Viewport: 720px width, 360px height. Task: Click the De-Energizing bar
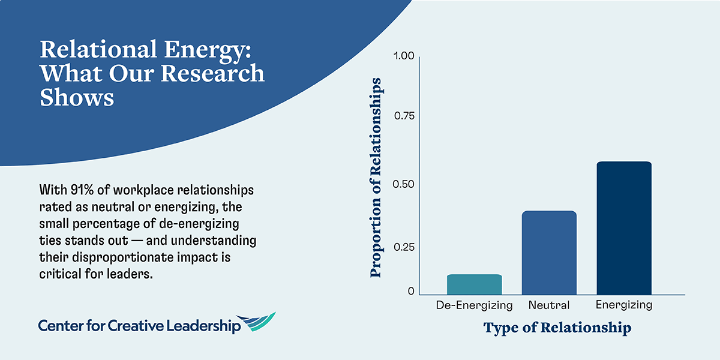[x=474, y=284]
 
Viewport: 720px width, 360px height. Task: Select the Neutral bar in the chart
[x=549, y=253]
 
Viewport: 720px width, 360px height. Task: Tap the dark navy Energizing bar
[x=624, y=228]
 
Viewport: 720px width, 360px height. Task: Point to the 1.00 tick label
[x=403, y=56]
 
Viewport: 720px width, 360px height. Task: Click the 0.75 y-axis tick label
[x=403, y=116]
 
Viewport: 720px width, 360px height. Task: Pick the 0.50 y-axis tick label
[x=403, y=184]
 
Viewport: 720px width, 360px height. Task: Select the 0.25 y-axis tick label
[x=403, y=247]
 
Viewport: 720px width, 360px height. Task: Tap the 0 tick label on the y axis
[x=411, y=291]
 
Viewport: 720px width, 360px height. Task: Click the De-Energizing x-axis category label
[x=474, y=305]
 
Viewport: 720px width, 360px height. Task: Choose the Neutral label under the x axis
[x=549, y=305]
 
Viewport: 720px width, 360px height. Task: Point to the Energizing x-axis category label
[x=624, y=305]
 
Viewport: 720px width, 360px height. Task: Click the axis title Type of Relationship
[x=557, y=328]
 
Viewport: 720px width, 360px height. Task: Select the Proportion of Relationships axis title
[x=376, y=178]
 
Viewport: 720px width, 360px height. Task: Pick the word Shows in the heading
[x=77, y=98]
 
